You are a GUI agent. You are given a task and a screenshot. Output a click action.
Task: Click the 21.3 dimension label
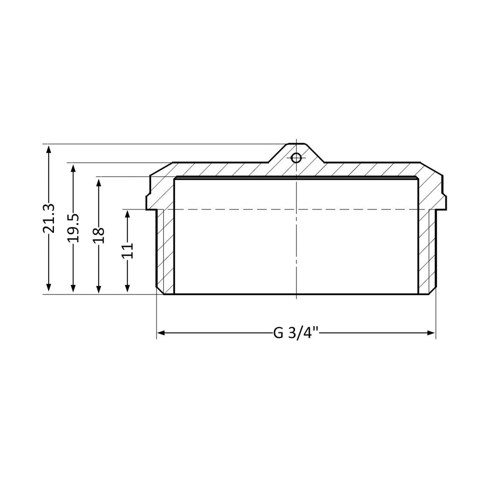(49, 218)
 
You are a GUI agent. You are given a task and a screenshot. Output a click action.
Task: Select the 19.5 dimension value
(73, 227)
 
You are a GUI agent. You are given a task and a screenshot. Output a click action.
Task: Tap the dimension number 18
(99, 235)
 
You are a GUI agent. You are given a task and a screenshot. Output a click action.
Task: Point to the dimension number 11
(127, 251)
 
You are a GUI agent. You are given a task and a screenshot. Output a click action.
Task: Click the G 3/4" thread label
(295, 333)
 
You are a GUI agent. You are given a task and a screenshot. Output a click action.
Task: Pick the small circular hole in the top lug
(296, 158)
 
